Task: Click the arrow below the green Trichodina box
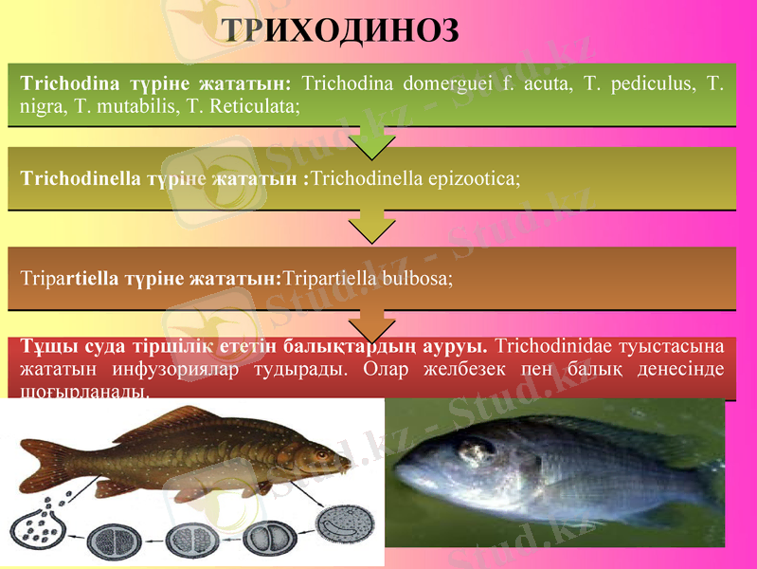tap(372, 142)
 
